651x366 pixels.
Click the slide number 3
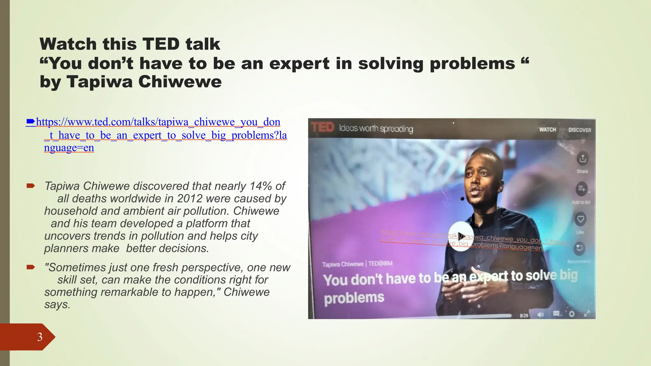click(x=40, y=337)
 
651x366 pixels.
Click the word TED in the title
click(x=161, y=44)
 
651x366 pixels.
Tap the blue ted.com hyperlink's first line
click(x=158, y=122)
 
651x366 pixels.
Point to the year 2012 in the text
click(x=190, y=199)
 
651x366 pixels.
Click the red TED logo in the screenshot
click(x=322, y=127)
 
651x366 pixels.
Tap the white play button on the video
click(x=461, y=236)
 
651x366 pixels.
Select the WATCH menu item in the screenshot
click(x=547, y=130)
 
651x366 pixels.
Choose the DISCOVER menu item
click(x=579, y=130)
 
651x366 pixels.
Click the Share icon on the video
click(x=582, y=159)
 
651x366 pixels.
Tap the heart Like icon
click(x=580, y=219)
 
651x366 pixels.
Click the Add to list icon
click(x=581, y=189)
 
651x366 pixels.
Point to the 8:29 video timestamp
click(x=524, y=315)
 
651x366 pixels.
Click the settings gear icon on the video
click(x=572, y=314)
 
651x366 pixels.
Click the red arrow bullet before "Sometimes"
click(x=31, y=267)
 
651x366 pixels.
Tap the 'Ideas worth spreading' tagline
click(x=376, y=129)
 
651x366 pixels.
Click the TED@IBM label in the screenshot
click(x=380, y=264)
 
